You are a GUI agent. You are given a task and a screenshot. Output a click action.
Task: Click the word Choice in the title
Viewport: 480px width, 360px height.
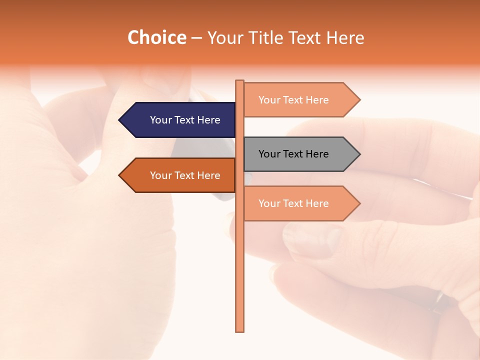pos(156,37)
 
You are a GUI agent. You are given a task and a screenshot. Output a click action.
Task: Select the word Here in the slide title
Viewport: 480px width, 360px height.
pos(345,37)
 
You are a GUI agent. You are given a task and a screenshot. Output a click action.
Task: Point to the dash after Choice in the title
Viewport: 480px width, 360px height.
pos(196,38)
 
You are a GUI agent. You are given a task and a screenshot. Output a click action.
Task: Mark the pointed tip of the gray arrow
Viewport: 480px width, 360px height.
pos(359,154)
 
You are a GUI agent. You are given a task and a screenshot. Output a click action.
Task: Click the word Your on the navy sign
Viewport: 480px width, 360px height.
pos(160,120)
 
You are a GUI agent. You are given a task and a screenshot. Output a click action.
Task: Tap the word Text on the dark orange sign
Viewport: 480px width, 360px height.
pos(185,175)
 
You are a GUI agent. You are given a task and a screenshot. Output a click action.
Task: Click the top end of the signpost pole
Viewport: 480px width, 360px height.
pos(239,81)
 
